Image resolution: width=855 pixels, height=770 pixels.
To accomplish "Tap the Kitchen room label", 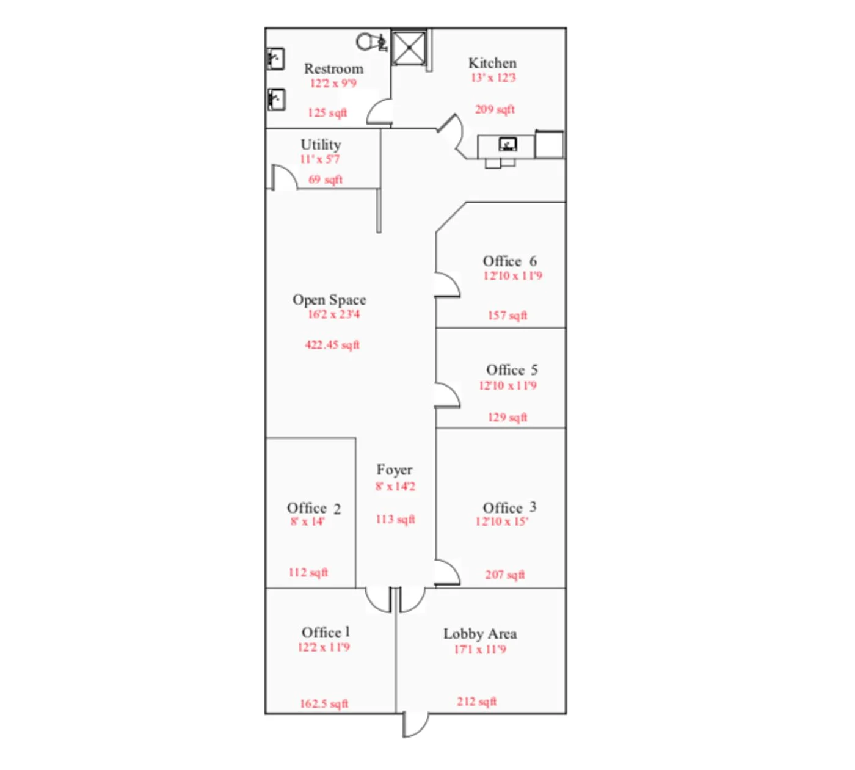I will tap(492, 63).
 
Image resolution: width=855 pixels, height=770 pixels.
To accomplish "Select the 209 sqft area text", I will tap(495, 109).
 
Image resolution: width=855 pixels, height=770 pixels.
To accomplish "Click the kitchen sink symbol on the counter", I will tap(508, 145).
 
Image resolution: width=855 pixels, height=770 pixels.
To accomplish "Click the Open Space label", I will tap(329, 300).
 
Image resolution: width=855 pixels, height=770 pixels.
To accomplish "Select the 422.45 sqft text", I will tap(332, 345).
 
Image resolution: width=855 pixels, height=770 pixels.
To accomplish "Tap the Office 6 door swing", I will tap(447, 285).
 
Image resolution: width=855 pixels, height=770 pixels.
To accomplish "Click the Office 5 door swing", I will tap(447, 395).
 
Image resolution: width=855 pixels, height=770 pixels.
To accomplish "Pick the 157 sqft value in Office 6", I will tap(507, 316).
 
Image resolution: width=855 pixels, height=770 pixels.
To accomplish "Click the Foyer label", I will tap(394, 470).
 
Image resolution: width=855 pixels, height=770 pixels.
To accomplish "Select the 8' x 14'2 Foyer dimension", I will tap(395, 487).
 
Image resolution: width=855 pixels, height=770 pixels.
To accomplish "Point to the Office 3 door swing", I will tap(447, 573).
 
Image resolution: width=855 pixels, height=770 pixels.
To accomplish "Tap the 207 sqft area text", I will tap(504, 575).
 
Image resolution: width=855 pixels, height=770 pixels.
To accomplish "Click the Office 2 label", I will tap(314, 508).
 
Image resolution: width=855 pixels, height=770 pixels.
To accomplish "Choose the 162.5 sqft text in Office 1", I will tap(324, 704).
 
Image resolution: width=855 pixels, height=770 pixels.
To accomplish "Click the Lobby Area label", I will tap(480, 634).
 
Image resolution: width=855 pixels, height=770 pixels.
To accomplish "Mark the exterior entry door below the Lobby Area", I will tap(415, 725).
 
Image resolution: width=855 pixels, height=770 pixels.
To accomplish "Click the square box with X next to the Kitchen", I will tap(409, 48).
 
